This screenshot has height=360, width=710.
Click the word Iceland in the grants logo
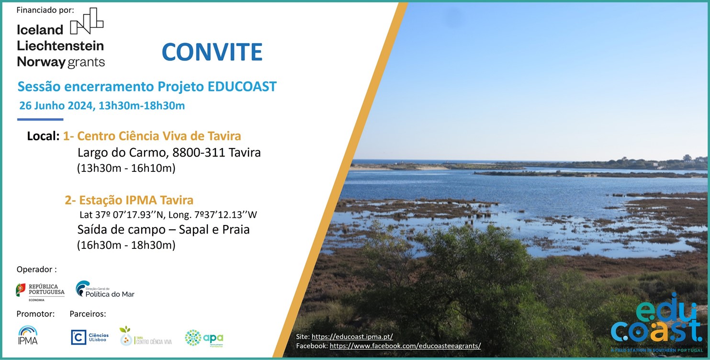(x=40, y=30)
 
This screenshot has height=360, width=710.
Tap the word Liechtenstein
(x=60, y=45)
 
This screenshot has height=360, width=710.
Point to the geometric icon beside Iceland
(x=87, y=22)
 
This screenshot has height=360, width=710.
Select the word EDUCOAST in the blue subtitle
(x=242, y=87)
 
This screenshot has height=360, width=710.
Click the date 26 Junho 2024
(x=56, y=106)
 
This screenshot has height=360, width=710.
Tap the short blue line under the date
(x=40, y=119)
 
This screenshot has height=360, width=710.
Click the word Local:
(x=43, y=136)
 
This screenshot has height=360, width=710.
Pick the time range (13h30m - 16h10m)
(x=126, y=168)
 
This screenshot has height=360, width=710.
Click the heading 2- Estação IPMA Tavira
(x=129, y=200)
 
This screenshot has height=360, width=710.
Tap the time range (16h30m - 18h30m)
(x=126, y=245)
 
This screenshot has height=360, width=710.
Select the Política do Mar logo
(x=105, y=290)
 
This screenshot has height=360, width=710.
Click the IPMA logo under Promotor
(x=28, y=335)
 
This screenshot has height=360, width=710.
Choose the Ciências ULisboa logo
(x=90, y=337)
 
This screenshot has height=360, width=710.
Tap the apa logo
(x=204, y=338)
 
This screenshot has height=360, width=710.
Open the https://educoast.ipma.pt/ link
(x=352, y=337)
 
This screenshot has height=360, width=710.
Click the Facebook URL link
(x=405, y=346)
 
